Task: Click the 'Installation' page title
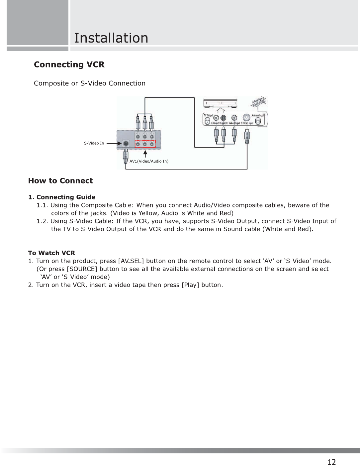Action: point(111,38)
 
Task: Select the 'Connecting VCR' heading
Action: point(69,64)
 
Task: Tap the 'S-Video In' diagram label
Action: point(94,143)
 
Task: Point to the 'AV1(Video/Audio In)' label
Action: point(149,161)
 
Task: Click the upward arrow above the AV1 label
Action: point(145,154)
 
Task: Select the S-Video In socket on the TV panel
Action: point(126,144)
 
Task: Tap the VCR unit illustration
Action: point(220,103)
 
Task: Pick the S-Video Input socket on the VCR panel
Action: point(246,118)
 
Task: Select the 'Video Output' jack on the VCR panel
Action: point(234,118)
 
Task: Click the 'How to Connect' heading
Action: point(60,181)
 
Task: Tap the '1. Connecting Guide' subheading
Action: point(62,197)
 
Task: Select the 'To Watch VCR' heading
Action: point(51,253)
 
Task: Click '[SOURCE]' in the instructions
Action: point(82,269)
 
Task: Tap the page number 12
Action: point(331,462)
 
